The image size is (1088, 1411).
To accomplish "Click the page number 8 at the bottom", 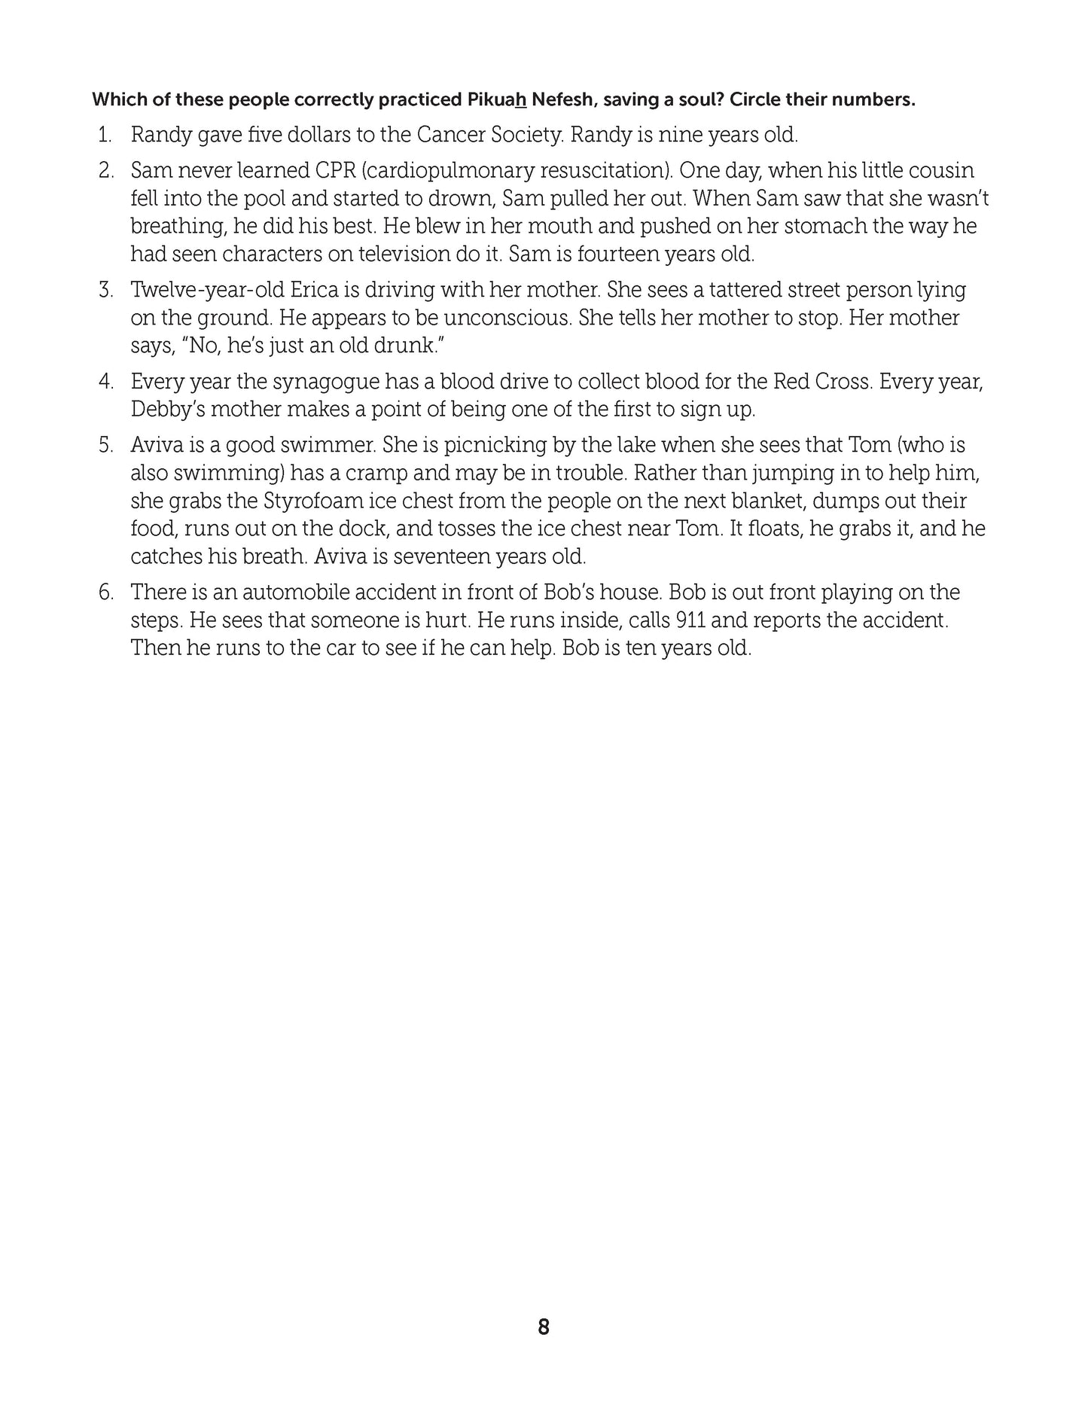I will (x=544, y=1327).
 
